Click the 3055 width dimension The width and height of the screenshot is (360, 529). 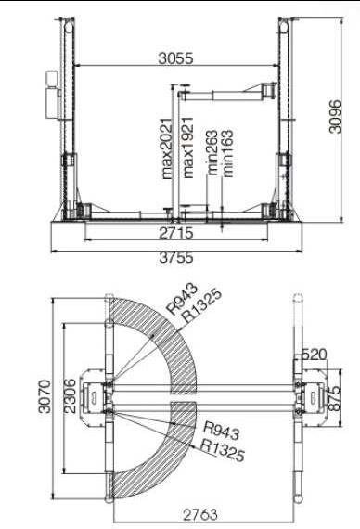[x=175, y=58]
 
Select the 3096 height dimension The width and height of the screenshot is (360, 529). [x=335, y=116]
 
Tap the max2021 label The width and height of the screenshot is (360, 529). [x=167, y=148]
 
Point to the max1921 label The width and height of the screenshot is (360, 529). [x=187, y=148]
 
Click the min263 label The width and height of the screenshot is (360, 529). [x=212, y=152]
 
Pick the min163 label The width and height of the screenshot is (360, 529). [x=227, y=153]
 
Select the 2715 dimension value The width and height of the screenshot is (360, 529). [x=176, y=233]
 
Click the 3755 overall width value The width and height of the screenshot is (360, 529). [x=176, y=258]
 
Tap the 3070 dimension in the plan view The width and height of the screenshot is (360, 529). [x=45, y=396]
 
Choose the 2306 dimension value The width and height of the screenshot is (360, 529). [x=70, y=396]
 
